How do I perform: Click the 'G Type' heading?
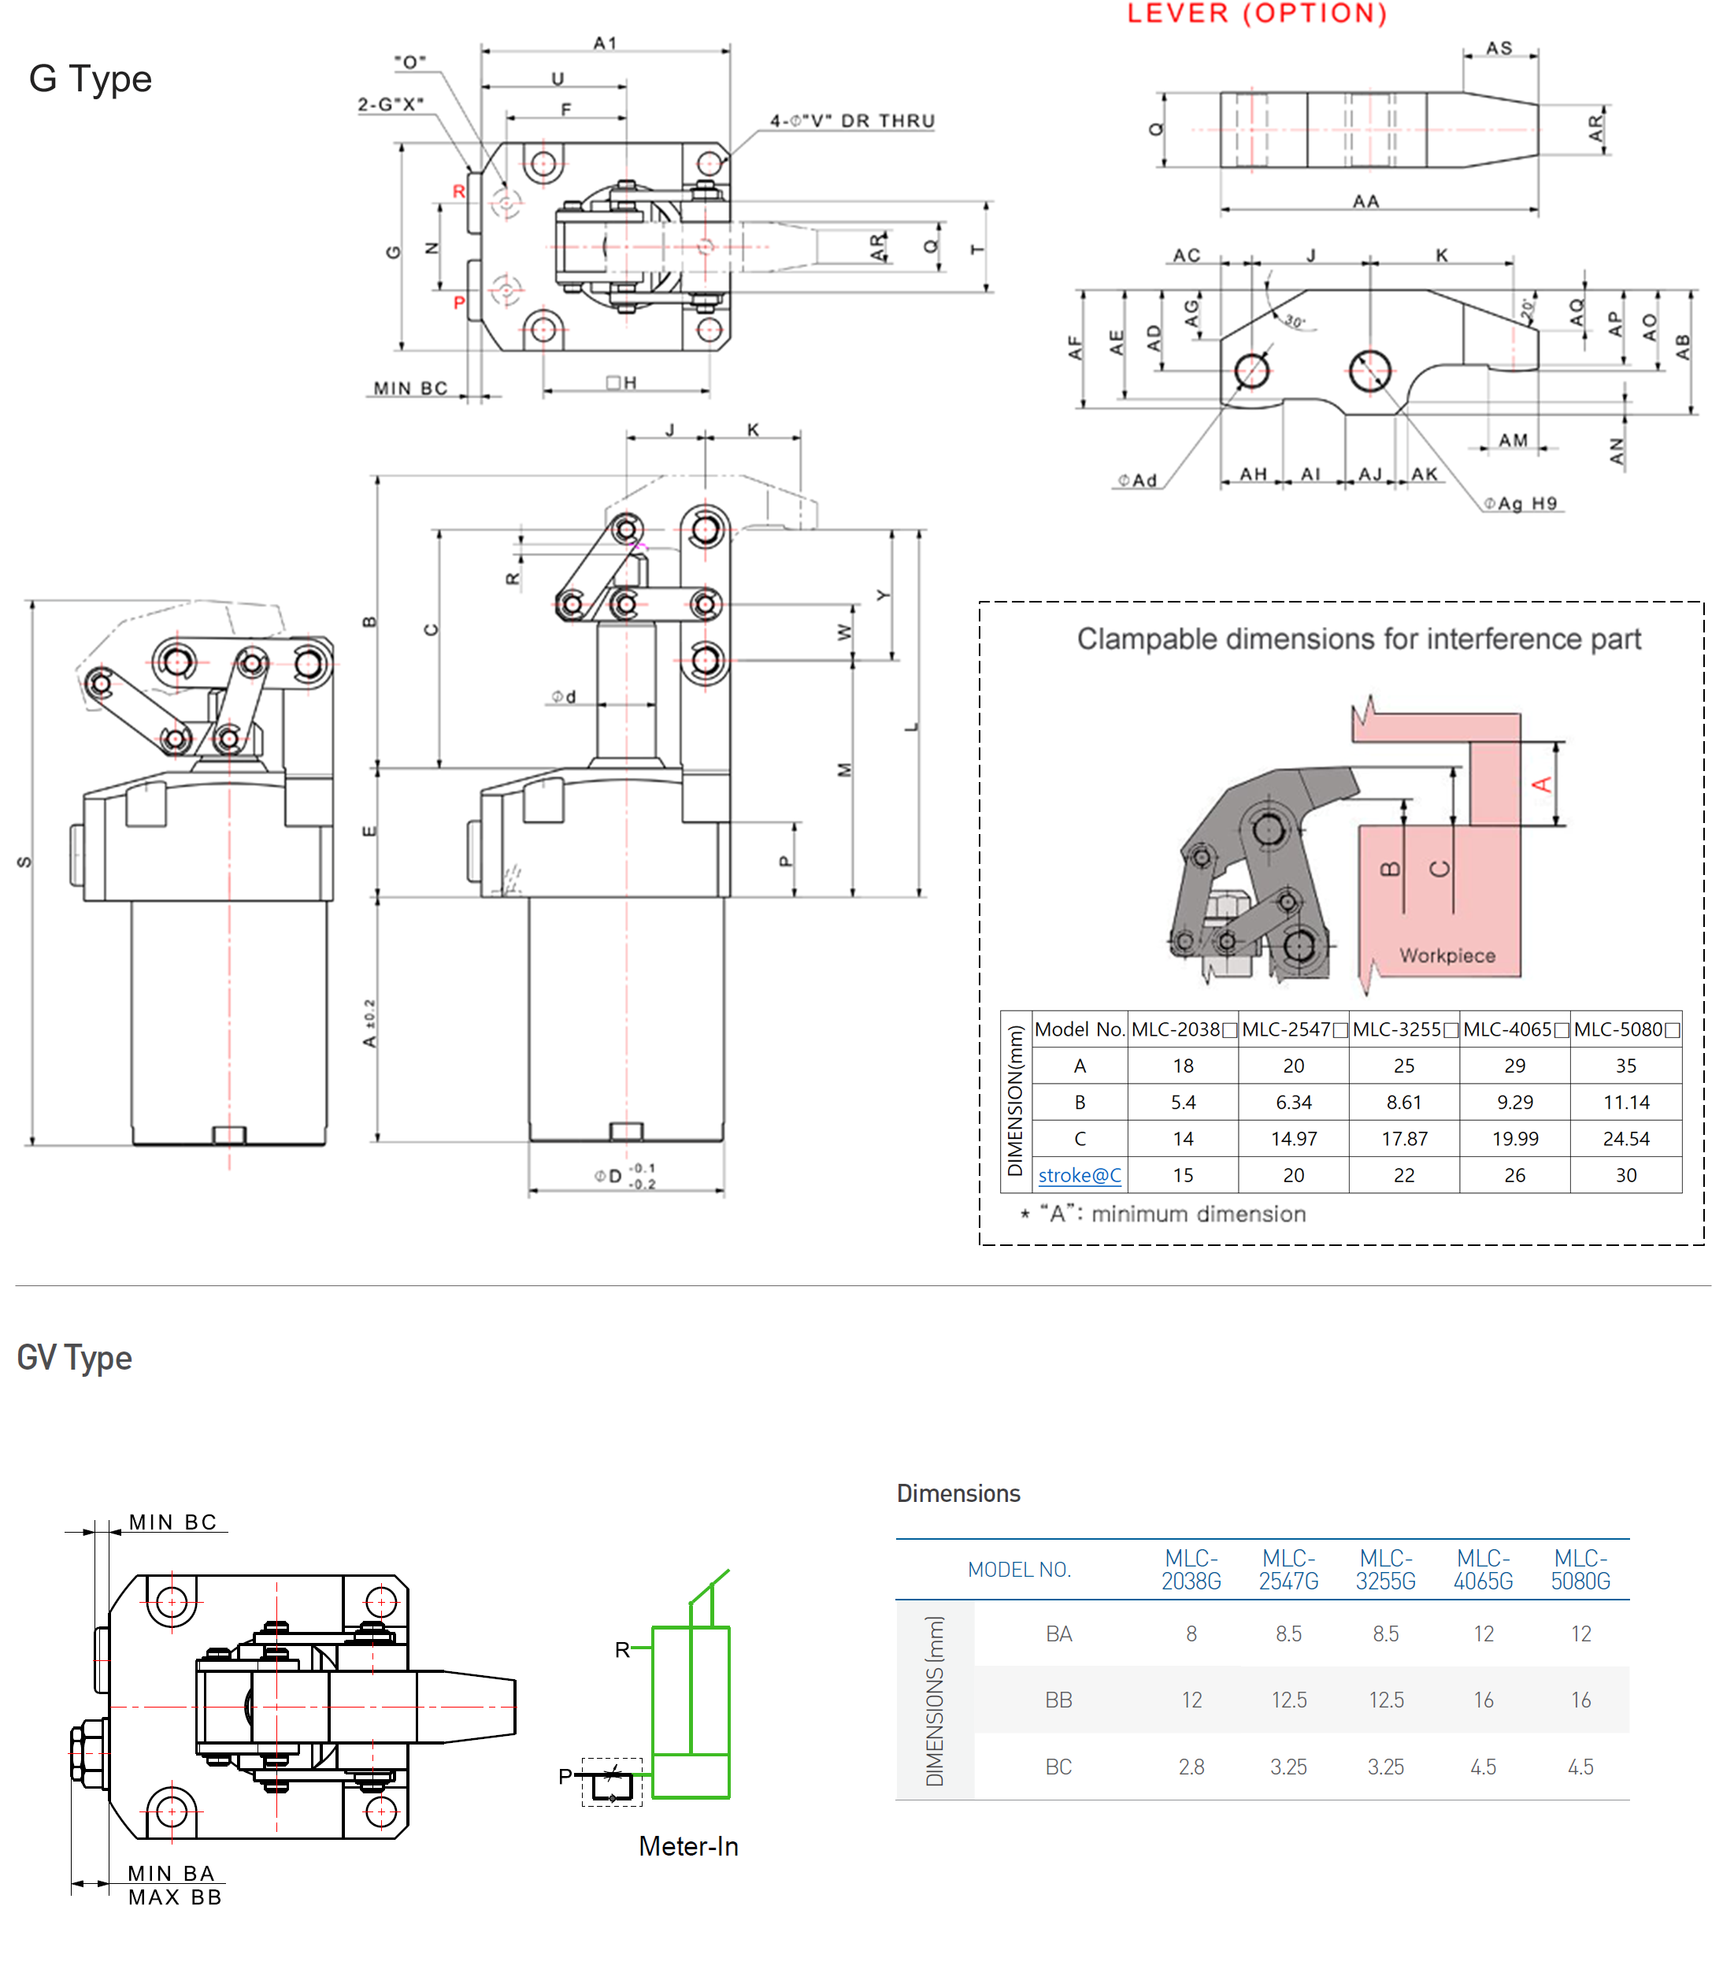click(91, 79)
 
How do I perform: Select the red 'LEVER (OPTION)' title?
click(1257, 13)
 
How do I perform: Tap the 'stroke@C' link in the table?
click(1079, 1175)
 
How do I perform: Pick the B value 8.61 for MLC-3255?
click(1403, 1102)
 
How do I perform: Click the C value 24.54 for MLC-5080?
click(1626, 1139)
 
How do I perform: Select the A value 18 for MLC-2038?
click(1183, 1066)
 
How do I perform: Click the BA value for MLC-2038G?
click(1191, 1633)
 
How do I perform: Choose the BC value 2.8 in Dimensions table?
click(1191, 1767)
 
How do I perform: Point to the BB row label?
click(1058, 1700)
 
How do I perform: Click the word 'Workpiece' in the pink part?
click(1447, 955)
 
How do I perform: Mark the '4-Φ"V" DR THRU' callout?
click(851, 121)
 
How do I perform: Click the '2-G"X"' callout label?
click(390, 104)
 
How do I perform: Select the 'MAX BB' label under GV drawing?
click(176, 1897)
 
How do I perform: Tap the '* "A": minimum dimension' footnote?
click(1164, 1214)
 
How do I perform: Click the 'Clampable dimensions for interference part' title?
click(1358, 639)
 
